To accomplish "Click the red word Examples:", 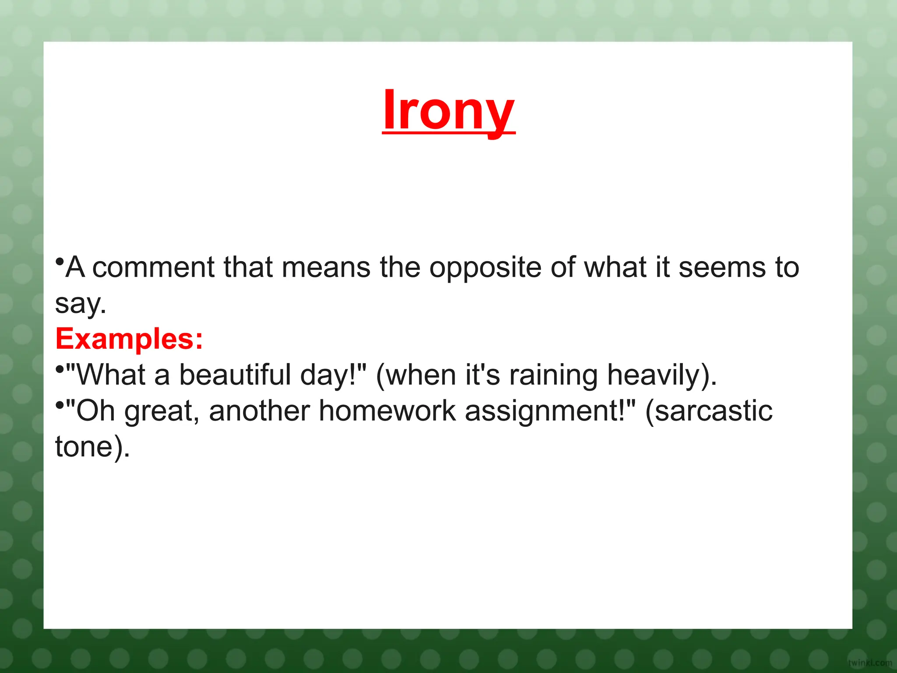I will [x=129, y=339].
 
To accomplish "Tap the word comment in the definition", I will [x=153, y=267].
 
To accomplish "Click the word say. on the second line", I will [x=81, y=303].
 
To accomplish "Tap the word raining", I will [x=553, y=376].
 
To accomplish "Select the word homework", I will [x=387, y=411].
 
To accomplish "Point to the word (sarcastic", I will [x=709, y=411].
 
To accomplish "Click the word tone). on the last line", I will [x=92, y=447].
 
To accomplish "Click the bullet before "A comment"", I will [x=60, y=262].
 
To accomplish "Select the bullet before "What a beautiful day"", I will [x=60, y=370].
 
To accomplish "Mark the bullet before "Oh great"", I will [x=60, y=406].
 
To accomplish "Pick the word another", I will [x=259, y=411].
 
